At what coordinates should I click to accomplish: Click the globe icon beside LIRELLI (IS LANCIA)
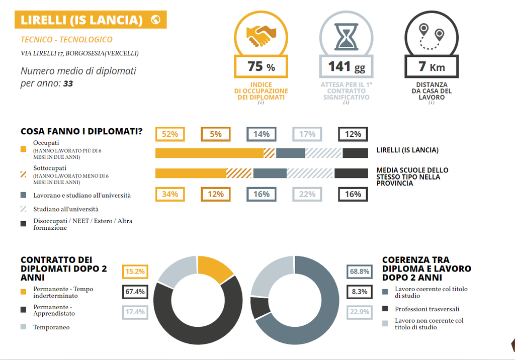tap(155, 20)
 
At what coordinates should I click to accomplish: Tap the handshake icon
tap(261, 34)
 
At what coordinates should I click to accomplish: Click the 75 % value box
tap(261, 66)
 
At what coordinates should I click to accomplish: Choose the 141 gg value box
tap(346, 66)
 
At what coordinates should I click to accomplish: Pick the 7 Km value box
tap(432, 66)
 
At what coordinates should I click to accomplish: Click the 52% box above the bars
tap(170, 134)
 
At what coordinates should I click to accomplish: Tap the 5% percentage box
tap(215, 134)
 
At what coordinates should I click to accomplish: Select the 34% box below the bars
tap(170, 194)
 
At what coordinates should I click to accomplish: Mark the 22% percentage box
tap(307, 194)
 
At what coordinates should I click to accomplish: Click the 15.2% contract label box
tap(135, 272)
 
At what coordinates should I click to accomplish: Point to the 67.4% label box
tap(135, 292)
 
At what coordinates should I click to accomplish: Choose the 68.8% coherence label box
tap(359, 272)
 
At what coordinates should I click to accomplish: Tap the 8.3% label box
tap(359, 291)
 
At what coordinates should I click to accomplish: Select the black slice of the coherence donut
tap(261, 308)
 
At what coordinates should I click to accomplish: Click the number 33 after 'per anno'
tap(68, 83)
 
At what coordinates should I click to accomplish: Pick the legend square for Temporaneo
tap(23, 327)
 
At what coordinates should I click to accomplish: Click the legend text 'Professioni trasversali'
tap(427, 309)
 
